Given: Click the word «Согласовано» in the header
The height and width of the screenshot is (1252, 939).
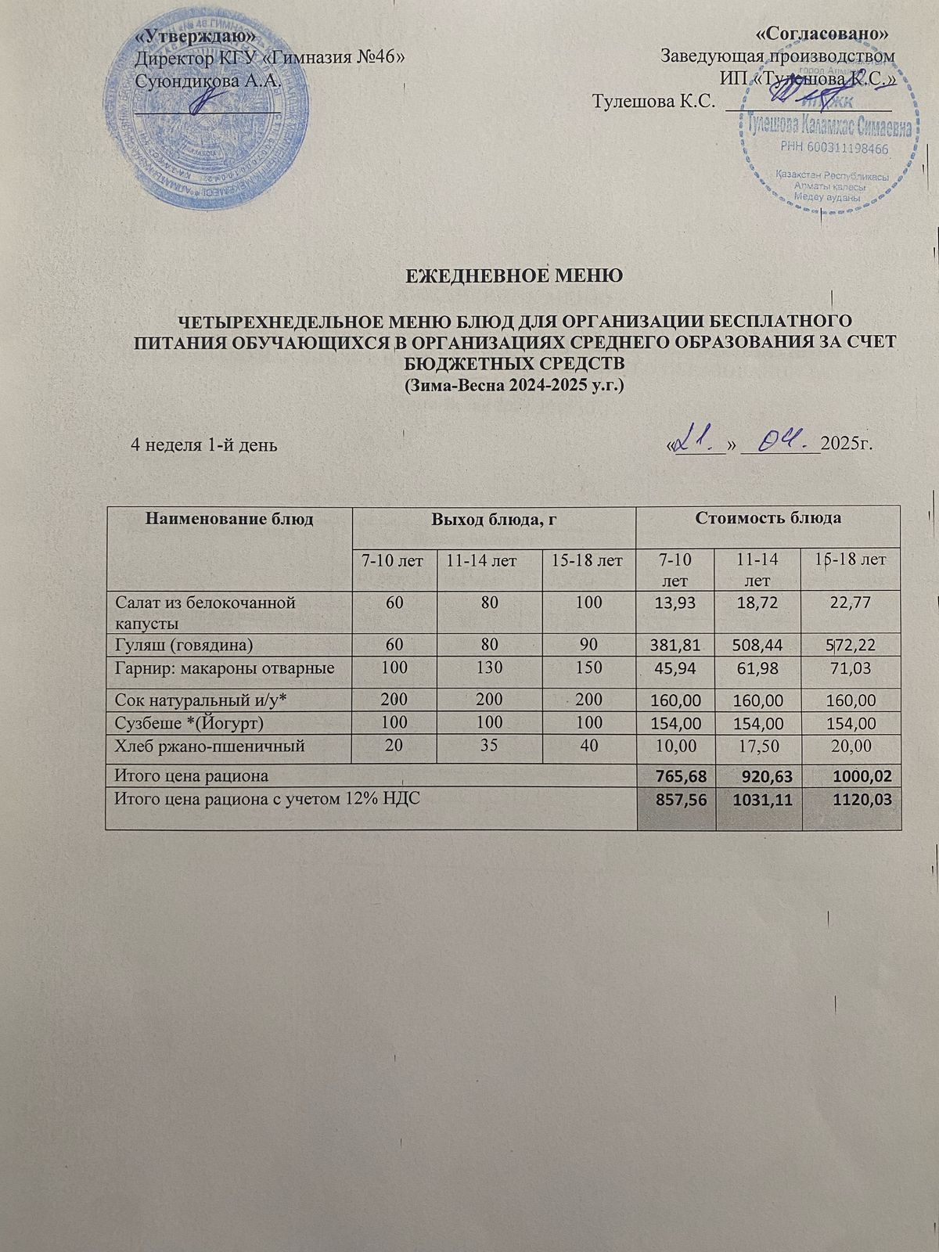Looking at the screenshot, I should (x=825, y=34).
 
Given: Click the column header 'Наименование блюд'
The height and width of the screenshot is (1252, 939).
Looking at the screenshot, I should (x=228, y=518).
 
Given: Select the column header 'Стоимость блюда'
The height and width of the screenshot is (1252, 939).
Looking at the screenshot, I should (x=769, y=518).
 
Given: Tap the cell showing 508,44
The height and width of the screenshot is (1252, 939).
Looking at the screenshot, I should (x=759, y=645).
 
